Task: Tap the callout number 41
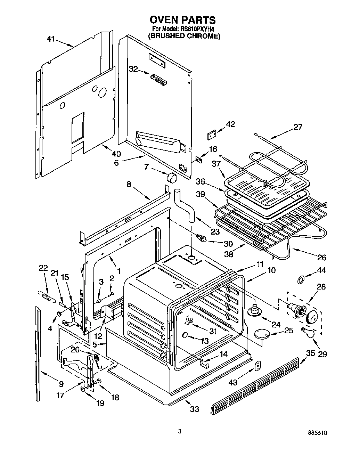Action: coord(51,39)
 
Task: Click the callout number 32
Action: coord(133,69)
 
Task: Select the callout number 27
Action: coord(298,127)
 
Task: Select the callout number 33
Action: coord(195,409)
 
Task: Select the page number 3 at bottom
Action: coord(180,432)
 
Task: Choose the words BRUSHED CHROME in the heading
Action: coord(184,36)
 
